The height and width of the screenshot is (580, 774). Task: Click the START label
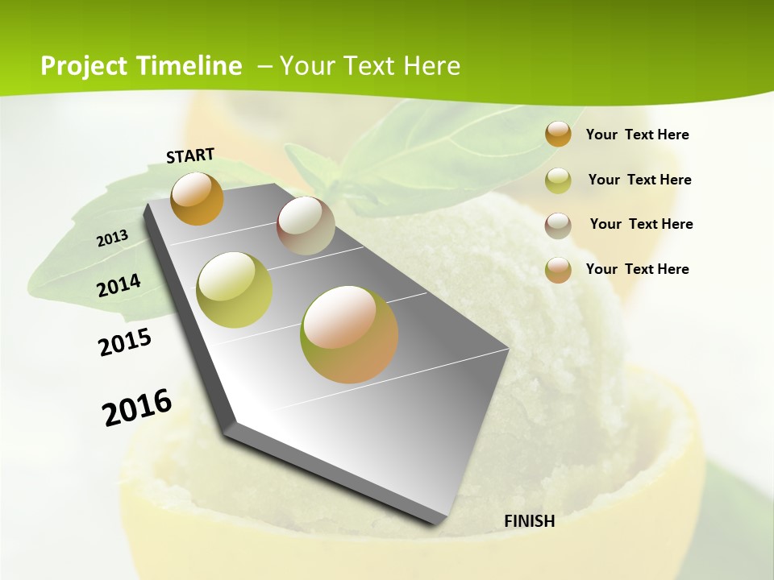coord(190,155)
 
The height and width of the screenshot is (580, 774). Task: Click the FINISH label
coord(529,521)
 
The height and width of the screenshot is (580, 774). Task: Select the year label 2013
coord(113,238)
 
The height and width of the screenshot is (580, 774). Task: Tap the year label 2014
coord(119,285)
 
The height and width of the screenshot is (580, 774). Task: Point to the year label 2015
coord(125,342)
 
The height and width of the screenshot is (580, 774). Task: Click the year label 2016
coord(137,408)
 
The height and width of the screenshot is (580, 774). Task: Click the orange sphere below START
coord(197,198)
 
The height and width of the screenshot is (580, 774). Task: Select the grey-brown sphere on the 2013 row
coord(306,226)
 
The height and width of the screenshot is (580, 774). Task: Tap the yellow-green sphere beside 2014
coord(235,289)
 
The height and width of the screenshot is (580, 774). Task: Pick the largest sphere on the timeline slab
coord(349,333)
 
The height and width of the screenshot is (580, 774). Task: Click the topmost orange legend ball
coord(558,134)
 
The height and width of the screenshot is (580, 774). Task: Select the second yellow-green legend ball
coord(558,180)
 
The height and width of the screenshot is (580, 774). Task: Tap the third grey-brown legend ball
coord(558,226)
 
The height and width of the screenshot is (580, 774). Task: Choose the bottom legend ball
coord(558,270)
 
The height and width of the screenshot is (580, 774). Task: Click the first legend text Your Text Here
coord(637,135)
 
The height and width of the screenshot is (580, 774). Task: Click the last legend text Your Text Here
coord(637,269)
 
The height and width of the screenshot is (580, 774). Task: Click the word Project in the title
coord(84,66)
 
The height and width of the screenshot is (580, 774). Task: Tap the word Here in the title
coord(431,66)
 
